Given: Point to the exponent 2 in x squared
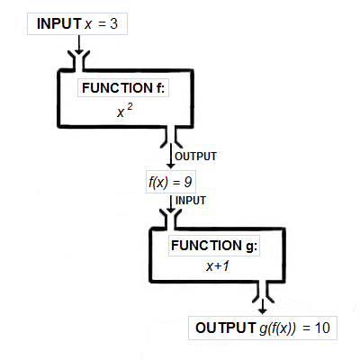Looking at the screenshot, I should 130,106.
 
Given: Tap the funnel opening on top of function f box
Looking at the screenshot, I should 78,60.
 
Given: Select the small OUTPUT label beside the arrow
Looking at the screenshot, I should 194,156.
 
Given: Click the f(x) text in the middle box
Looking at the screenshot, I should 158,181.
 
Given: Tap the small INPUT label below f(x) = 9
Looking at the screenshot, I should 190,200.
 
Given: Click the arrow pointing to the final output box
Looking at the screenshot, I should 261,306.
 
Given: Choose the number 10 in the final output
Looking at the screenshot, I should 323,328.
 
